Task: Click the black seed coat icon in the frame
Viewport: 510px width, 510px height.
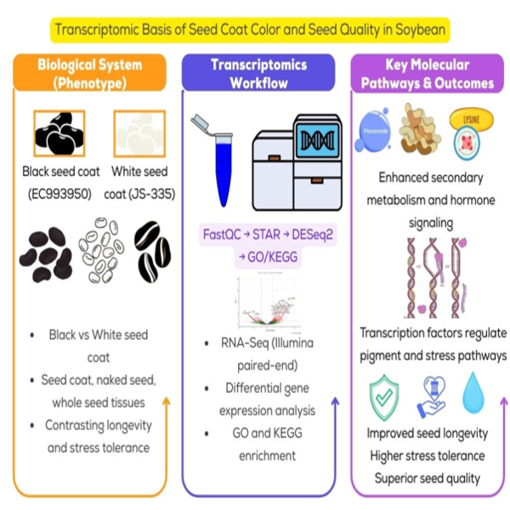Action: click(59, 133)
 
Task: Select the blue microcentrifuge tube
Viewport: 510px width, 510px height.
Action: click(220, 161)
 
